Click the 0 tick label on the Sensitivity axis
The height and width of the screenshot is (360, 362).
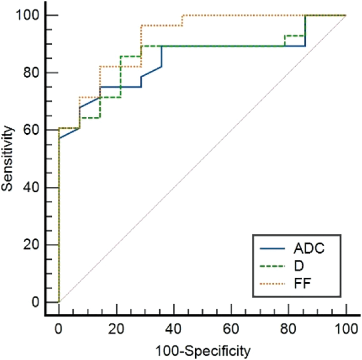(x=35, y=302)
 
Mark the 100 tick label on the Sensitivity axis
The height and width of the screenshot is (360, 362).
(x=27, y=15)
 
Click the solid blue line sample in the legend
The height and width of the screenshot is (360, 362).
(x=271, y=249)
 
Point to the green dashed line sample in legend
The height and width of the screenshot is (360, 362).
(x=271, y=267)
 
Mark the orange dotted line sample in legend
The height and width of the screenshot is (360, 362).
(x=271, y=285)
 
